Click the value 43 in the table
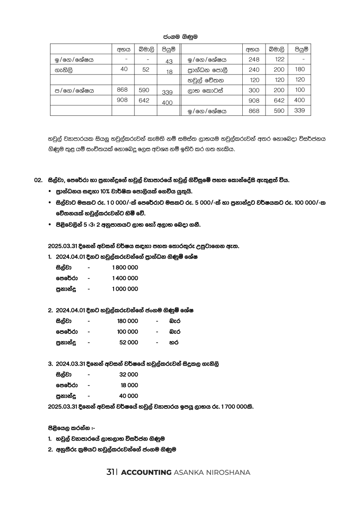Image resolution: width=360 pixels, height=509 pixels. [169, 61]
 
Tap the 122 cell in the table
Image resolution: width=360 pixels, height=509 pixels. [279, 59]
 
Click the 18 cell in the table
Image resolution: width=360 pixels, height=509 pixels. [169, 72]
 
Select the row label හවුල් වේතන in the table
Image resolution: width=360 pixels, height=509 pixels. [206, 80]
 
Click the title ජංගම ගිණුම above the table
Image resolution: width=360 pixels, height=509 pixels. [180, 37]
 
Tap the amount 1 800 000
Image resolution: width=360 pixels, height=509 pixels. [125, 268]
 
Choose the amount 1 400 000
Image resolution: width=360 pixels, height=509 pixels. [125, 278]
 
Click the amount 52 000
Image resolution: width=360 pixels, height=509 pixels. [129, 342]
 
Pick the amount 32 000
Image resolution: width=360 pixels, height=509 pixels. [129, 374]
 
